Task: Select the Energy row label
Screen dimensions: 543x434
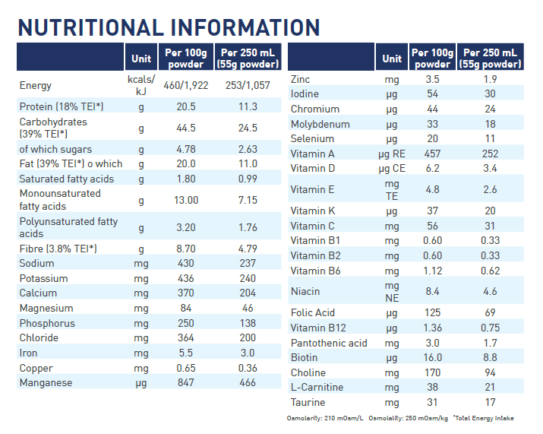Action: pyautogui.click(x=36, y=85)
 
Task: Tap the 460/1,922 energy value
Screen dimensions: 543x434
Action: pyautogui.click(x=186, y=85)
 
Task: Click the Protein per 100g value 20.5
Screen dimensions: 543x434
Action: pyautogui.click(x=186, y=106)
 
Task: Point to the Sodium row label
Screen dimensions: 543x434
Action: pyautogui.click(x=36, y=263)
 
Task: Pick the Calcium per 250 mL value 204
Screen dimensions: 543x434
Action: pyautogui.click(x=248, y=293)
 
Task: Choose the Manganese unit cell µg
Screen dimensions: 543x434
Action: pyautogui.click(x=141, y=383)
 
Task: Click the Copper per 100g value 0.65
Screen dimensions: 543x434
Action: pyautogui.click(x=186, y=368)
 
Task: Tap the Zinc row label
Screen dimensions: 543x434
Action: pyautogui.click(x=300, y=79)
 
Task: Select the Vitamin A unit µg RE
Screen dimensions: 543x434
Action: pyautogui.click(x=392, y=154)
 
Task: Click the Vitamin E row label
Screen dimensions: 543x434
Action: pyautogui.click(x=312, y=189)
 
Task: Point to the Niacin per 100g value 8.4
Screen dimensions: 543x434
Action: pyautogui.click(x=432, y=291)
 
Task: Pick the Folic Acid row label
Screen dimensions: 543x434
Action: pyautogui.click(x=313, y=312)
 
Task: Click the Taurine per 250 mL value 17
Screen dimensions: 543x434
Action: pyautogui.click(x=490, y=402)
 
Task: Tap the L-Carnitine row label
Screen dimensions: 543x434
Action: pyautogui.click(x=317, y=387)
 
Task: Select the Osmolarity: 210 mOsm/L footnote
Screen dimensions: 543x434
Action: pyautogui.click(x=325, y=418)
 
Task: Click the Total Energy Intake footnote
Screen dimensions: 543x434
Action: pyautogui.click(x=484, y=418)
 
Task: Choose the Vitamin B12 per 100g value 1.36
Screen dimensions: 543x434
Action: pyautogui.click(x=432, y=328)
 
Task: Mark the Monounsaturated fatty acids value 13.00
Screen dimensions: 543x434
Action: pyautogui.click(x=186, y=200)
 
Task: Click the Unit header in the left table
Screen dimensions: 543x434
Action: pyautogui.click(x=141, y=59)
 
